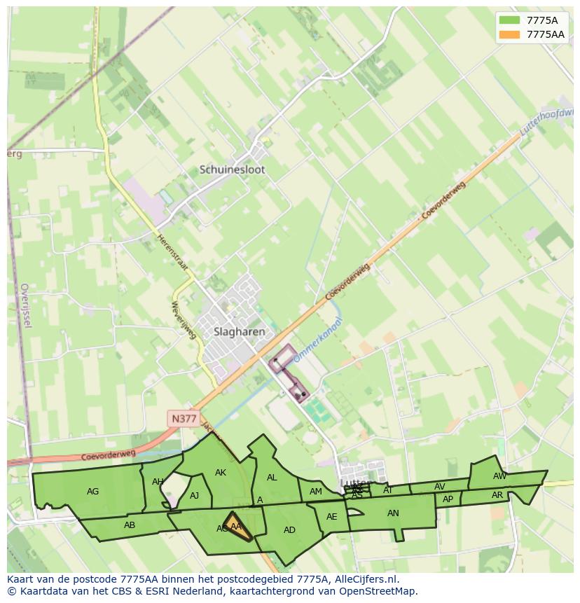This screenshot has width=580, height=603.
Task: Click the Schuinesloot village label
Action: point(232,169)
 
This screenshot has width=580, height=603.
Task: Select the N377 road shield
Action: point(184,419)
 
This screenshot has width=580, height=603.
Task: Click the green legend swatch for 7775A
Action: point(509,20)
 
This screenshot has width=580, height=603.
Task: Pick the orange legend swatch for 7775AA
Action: point(509,34)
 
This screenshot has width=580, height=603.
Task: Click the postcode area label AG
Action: point(92,492)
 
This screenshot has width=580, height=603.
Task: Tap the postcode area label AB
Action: point(130,525)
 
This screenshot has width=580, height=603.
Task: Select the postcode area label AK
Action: point(221,473)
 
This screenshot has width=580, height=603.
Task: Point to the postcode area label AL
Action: point(272,478)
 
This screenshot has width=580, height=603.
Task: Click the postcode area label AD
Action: point(289,530)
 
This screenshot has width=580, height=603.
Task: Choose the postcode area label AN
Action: point(393,513)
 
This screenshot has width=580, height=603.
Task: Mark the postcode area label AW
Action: point(499,476)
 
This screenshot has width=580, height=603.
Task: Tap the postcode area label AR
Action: point(497,495)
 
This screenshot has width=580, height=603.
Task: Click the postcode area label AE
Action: point(332,518)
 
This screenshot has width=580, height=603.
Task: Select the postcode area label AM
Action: point(316,492)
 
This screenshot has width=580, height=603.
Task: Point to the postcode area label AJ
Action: point(195,496)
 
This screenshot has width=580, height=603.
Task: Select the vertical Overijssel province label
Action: point(27,305)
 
